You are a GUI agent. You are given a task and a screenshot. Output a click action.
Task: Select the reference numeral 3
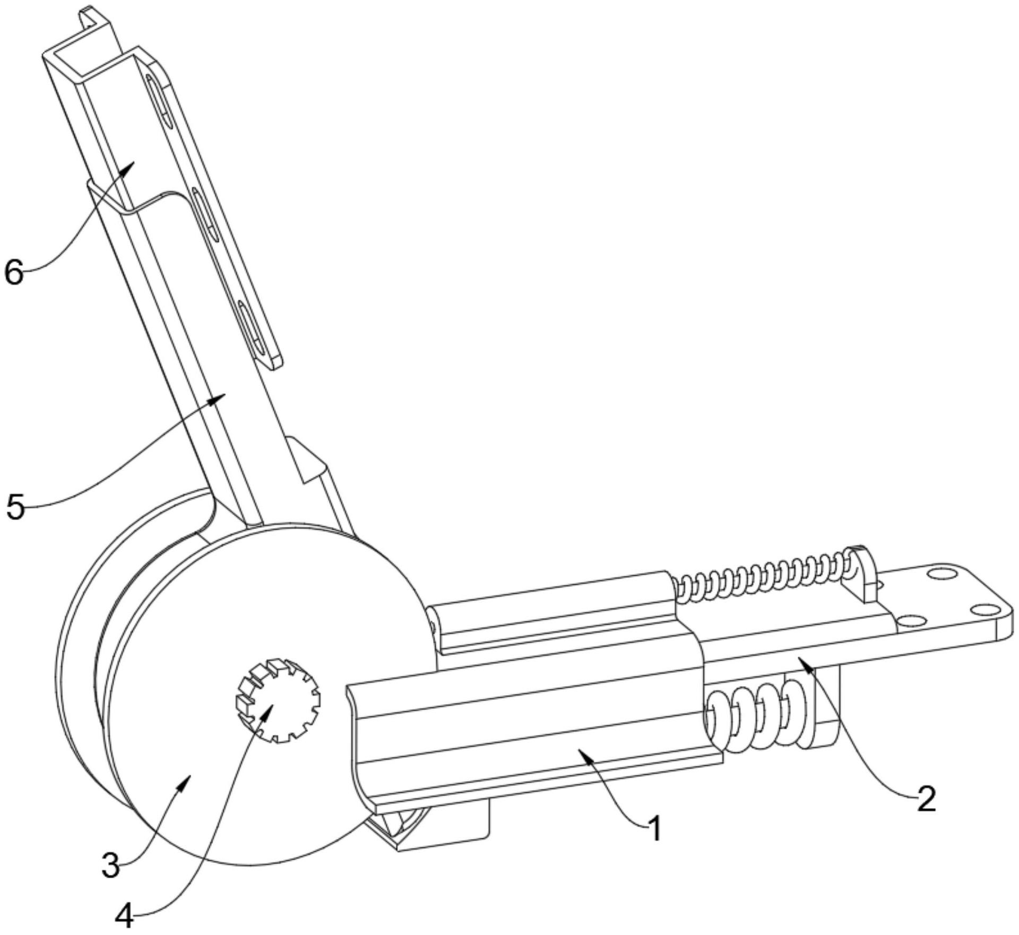(110, 865)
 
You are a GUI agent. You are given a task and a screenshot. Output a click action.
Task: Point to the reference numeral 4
(124, 915)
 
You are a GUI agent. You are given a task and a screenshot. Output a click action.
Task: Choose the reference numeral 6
(14, 273)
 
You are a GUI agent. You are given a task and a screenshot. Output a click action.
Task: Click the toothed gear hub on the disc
(278, 701)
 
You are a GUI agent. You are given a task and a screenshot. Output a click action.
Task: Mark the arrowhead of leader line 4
(268, 709)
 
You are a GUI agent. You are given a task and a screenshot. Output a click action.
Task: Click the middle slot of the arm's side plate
(205, 215)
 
